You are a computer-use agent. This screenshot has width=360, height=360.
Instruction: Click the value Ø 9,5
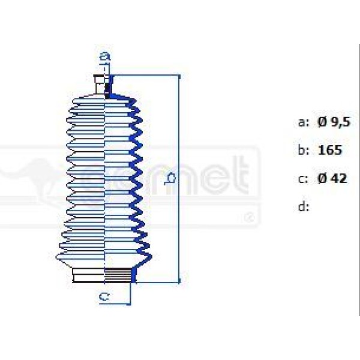pos(334,122)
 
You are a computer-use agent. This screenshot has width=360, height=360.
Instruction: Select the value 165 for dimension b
pos(330,150)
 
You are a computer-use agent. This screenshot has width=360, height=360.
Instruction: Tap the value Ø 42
pos(332,178)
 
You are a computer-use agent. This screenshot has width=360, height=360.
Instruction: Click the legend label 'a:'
pos(304,122)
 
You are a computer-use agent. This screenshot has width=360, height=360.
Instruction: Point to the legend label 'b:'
pos(304,150)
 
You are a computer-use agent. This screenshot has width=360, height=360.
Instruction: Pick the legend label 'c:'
pos(304,178)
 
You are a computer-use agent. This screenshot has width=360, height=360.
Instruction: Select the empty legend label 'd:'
pos(304,207)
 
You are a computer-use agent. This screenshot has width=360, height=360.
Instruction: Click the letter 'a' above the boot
pos(105,57)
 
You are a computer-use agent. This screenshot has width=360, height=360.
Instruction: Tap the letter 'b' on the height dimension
pos(171,178)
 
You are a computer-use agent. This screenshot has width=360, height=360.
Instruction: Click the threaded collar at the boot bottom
pos(119,276)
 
